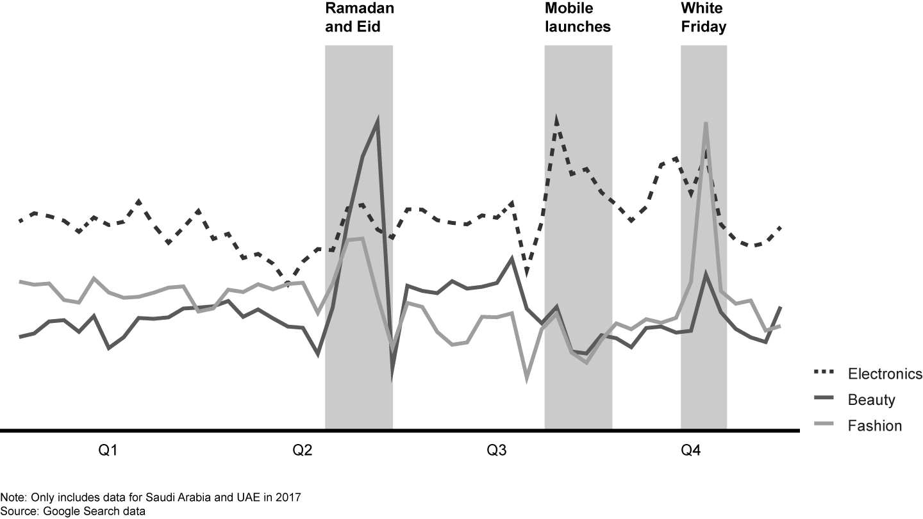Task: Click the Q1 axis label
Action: (x=107, y=450)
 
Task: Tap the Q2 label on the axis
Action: (x=303, y=450)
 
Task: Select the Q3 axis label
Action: (x=496, y=450)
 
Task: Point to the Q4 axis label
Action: (x=691, y=450)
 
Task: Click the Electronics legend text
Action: (x=885, y=374)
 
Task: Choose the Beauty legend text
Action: (x=871, y=400)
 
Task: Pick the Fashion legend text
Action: (x=874, y=425)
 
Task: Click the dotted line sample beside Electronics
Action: (x=823, y=372)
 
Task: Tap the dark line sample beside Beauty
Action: (x=823, y=399)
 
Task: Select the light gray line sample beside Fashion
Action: (x=823, y=424)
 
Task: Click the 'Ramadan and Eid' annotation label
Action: (x=359, y=18)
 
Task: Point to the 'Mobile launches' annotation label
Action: (x=578, y=18)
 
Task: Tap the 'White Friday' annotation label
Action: (x=703, y=18)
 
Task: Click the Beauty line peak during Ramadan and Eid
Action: (x=378, y=120)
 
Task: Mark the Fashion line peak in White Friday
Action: (x=706, y=123)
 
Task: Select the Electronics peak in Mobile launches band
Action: (x=557, y=119)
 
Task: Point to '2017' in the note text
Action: (x=288, y=497)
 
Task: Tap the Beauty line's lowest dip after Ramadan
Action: (x=392, y=378)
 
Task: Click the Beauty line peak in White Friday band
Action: (x=706, y=276)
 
